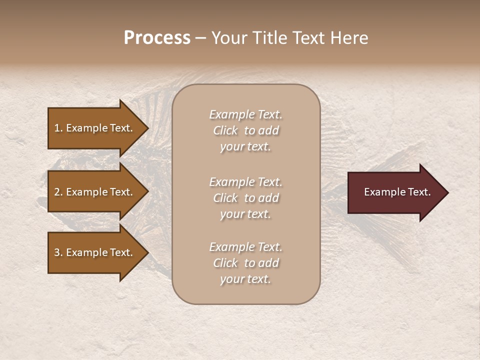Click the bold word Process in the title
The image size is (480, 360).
157,38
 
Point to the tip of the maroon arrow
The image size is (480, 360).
447,192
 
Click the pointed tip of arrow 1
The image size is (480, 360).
147,128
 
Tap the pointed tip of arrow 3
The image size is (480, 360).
147,253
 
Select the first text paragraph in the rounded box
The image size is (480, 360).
245,130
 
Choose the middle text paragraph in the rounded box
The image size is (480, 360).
245,198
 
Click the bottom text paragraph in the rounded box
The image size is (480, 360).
245,263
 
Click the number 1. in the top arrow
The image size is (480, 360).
58,128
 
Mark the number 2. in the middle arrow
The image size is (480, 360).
58,192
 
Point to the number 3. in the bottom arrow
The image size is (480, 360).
58,253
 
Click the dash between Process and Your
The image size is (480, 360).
200,38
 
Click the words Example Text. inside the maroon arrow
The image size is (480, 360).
397,192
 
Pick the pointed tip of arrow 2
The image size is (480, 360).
147,192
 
